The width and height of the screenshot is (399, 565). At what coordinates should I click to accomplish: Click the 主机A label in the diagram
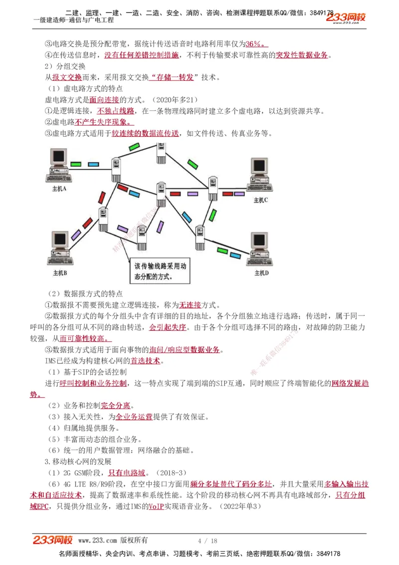coord(59,189)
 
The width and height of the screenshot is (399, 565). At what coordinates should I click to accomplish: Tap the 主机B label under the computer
coord(60,274)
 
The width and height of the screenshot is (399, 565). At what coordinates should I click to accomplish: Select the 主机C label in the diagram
coord(261,200)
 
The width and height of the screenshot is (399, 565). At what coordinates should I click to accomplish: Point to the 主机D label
coord(261,273)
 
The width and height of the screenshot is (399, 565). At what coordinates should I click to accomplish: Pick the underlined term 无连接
coord(190,305)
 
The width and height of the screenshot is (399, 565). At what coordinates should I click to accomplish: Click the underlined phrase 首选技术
coord(146,361)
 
